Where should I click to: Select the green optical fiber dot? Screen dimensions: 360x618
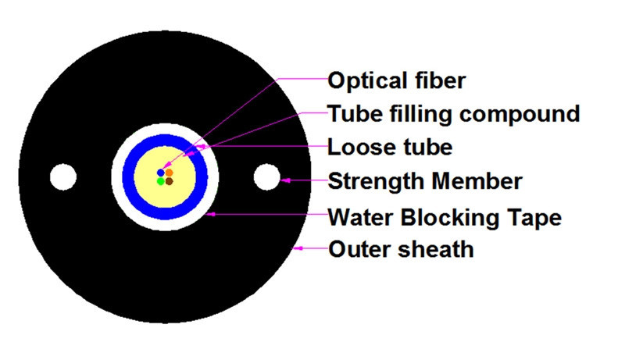(161, 181)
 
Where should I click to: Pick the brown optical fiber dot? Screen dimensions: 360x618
(169, 181)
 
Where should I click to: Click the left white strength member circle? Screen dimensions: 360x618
(63, 177)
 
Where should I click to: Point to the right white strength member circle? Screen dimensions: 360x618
(266, 177)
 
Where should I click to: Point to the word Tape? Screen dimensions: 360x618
(536, 216)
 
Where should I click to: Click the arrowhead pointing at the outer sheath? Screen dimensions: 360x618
(296, 248)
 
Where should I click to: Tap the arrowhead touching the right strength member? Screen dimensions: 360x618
(285, 180)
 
